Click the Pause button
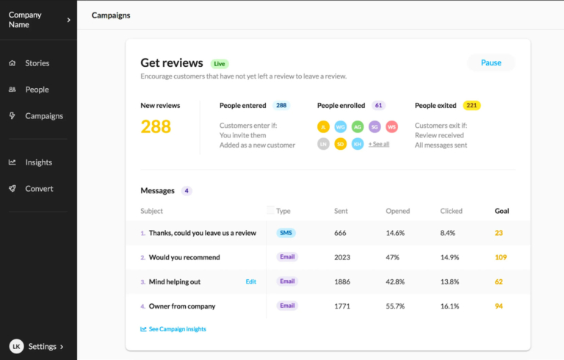point(491,63)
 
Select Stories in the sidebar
point(37,63)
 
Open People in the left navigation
point(37,90)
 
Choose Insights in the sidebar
point(38,162)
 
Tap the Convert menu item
point(39,189)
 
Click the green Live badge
point(220,64)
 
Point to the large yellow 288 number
point(156,126)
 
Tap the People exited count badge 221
point(471,106)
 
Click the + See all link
point(379,144)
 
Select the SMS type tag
point(286,233)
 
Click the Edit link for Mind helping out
point(250,281)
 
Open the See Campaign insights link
point(177,329)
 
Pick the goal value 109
point(501,257)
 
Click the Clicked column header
point(451,211)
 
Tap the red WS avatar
point(391,126)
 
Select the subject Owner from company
point(181,306)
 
